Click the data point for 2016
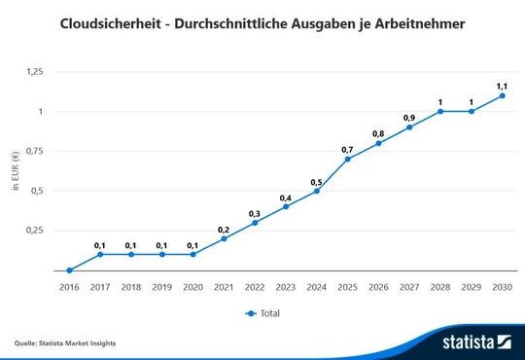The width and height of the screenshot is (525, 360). pyautogui.click(x=69, y=270)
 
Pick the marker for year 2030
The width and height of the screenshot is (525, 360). pyautogui.click(x=503, y=95)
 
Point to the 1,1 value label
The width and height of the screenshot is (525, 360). pyautogui.click(x=503, y=85)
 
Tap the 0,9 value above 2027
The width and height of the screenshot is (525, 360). pyautogui.click(x=409, y=117)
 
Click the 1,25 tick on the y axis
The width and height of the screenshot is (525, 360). pyautogui.click(x=34, y=72)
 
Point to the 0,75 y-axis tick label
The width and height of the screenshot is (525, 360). pyautogui.click(x=34, y=151)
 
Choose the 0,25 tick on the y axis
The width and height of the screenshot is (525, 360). pyautogui.click(x=34, y=231)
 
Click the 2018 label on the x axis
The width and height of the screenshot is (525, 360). pyautogui.click(x=130, y=288)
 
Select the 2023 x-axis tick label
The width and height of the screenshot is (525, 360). pyautogui.click(x=286, y=288)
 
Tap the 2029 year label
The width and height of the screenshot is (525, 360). pyautogui.click(x=472, y=288)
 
